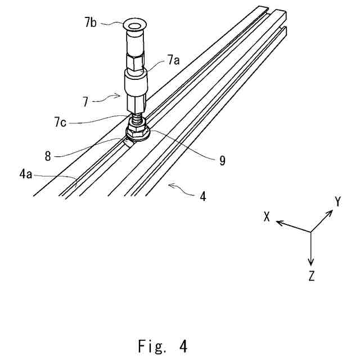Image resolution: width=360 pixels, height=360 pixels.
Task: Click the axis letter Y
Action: (337, 201)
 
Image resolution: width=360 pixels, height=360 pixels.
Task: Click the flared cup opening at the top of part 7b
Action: (134, 26)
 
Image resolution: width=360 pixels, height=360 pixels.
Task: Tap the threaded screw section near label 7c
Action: (137, 120)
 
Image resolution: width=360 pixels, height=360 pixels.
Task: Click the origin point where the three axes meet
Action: (311, 232)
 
